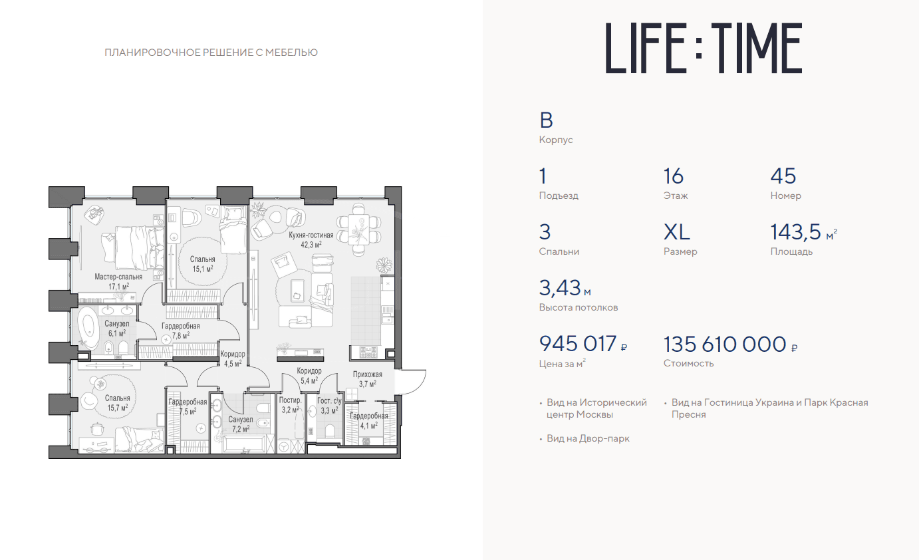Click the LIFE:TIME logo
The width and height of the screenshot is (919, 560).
tap(704, 48)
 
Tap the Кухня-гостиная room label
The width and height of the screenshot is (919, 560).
tap(311, 235)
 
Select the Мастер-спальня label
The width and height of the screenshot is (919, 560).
tap(118, 277)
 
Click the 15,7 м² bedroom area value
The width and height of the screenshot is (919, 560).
tap(117, 408)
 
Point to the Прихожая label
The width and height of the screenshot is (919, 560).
tap(368, 374)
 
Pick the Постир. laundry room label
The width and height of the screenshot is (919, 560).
tap(291, 400)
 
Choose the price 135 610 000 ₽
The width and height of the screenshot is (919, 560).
tap(731, 345)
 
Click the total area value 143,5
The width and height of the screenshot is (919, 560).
tap(795, 232)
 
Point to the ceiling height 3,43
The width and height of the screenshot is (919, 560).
tap(560, 288)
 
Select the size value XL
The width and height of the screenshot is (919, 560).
tap(676, 232)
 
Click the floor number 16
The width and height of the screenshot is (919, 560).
tap(674, 176)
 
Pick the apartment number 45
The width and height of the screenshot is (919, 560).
tap(783, 176)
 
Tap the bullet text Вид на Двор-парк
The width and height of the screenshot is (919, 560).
tap(588, 438)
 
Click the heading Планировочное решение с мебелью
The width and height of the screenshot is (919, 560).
tap(211, 53)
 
